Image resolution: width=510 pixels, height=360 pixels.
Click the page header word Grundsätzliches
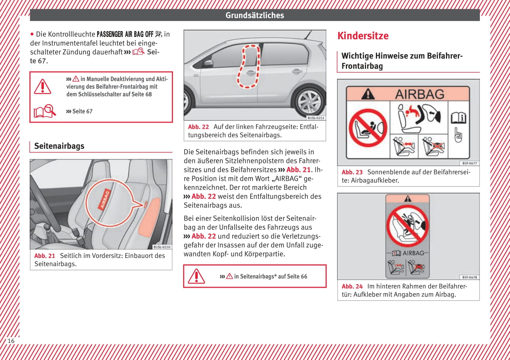point(254,15)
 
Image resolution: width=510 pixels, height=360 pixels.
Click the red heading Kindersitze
point(363,36)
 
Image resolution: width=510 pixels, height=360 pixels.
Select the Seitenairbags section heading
point(59,146)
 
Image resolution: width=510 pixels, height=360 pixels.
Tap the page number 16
point(11,341)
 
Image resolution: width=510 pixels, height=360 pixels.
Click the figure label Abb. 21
point(45,256)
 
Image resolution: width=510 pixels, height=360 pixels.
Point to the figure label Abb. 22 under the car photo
point(198,127)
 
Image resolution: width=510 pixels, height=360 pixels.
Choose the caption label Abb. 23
point(352,172)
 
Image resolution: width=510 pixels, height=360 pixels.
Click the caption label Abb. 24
point(352,286)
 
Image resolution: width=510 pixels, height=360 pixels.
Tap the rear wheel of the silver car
point(309,102)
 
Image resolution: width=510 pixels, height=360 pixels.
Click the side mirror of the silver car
point(208,64)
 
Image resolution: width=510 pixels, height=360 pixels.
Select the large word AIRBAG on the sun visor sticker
point(420,94)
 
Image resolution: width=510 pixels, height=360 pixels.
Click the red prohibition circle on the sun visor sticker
point(368,128)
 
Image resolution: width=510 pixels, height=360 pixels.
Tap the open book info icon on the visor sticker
point(458,118)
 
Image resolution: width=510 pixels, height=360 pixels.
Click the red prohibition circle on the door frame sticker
point(407,225)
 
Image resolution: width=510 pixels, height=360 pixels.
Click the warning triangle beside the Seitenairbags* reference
point(197,276)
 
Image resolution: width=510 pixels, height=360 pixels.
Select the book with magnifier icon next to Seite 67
point(45,111)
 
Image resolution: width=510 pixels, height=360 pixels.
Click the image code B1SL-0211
point(316,118)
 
